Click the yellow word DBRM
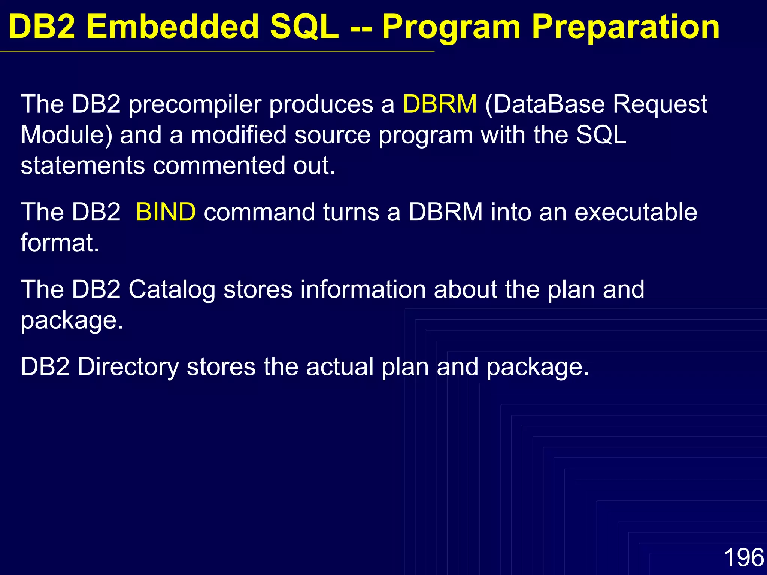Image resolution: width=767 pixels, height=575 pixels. (440, 104)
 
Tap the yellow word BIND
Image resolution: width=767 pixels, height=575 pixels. (165, 212)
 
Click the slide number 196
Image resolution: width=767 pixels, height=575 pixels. (743, 557)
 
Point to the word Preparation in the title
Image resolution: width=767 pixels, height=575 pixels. (625, 27)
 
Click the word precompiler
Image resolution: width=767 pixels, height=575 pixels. (195, 105)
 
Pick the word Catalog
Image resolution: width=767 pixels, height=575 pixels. (172, 290)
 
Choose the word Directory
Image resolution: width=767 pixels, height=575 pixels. (128, 367)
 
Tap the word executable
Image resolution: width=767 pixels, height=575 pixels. (636, 212)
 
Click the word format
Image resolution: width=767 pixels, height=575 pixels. (60, 243)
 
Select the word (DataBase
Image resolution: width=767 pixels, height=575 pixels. (545, 104)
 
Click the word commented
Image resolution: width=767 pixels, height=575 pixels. (219, 166)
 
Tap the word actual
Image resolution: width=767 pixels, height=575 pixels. (340, 367)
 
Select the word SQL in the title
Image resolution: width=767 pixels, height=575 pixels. (304, 28)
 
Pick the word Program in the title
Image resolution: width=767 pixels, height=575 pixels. (451, 28)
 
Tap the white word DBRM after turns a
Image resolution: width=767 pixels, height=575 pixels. (445, 212)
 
